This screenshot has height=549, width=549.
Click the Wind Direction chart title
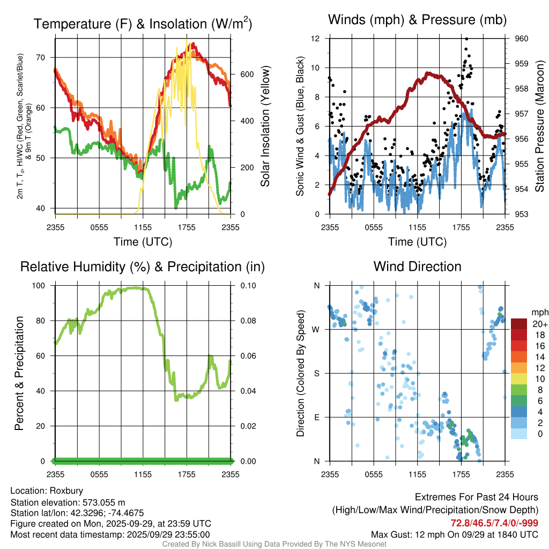(417, 266)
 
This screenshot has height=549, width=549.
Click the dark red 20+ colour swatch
(519, 324)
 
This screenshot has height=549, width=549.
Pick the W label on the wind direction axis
(317, 329)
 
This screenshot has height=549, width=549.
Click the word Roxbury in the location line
(66, 491)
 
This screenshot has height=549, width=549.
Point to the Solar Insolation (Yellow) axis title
(265, 127)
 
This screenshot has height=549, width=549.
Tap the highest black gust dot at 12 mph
(467, 39)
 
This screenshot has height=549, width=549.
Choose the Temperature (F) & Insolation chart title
(143, 24)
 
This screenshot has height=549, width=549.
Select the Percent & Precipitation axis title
(19, 373)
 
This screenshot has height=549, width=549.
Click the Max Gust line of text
(455, 535)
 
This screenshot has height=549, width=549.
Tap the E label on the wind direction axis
(317, 417)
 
